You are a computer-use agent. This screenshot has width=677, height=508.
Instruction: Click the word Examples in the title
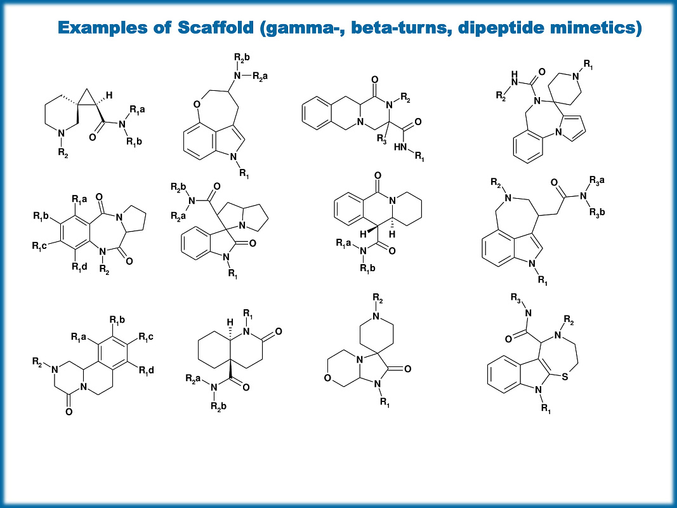click(x=102, y=28)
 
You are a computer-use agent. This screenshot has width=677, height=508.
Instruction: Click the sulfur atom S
click(x=565, y=377)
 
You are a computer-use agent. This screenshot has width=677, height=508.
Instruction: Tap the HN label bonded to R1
click(x=400, y=147)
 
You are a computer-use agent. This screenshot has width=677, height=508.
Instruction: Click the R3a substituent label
click(x=596, y=180)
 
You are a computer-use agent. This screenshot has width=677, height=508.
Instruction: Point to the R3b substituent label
click(x=596, y=212)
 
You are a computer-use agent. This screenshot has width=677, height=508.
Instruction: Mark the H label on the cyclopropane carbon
click(x=109, y=95)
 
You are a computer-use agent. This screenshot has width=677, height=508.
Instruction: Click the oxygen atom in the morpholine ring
click(x=327, y=378)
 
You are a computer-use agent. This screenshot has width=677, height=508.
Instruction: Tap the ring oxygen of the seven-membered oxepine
click(x=197, y=104)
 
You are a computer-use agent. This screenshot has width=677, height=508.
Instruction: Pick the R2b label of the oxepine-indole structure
click(x=242, y=57)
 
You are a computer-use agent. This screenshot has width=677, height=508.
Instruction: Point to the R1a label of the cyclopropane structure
click(x=137, y=109)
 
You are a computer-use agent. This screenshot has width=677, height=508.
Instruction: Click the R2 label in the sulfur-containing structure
click(x=569, y=320)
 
